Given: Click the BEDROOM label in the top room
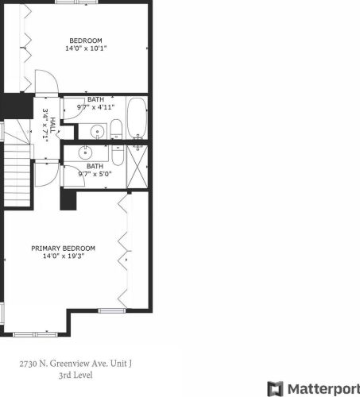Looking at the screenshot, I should pyautogui.click(x=85, y=40).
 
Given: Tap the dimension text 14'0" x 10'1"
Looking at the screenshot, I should pyautogui.click(x=85, y=48).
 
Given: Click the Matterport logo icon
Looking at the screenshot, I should pyautogui.click(x=275, y=388).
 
